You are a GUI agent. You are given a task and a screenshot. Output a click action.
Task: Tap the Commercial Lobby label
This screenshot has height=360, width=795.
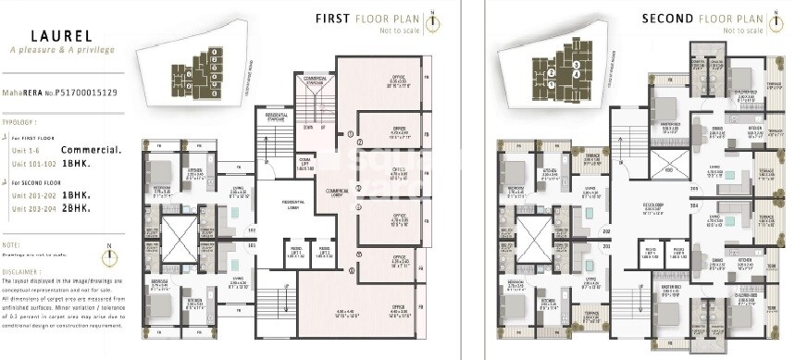(330, 192)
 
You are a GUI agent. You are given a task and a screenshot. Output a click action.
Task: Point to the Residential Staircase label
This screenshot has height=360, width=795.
(278, 118)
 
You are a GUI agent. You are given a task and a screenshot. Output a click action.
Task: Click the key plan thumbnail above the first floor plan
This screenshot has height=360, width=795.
(197, 69)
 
